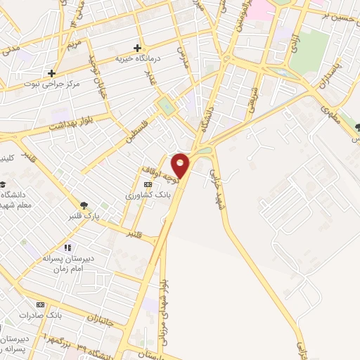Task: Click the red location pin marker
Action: point(181,166)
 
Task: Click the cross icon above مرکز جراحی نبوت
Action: point(51,72)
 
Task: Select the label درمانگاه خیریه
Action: point(138,59)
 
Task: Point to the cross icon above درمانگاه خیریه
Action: point(138,47)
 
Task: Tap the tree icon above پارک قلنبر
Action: point(84,205)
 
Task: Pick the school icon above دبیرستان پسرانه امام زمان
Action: point(67,247)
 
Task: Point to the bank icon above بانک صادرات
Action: point(40,304)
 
